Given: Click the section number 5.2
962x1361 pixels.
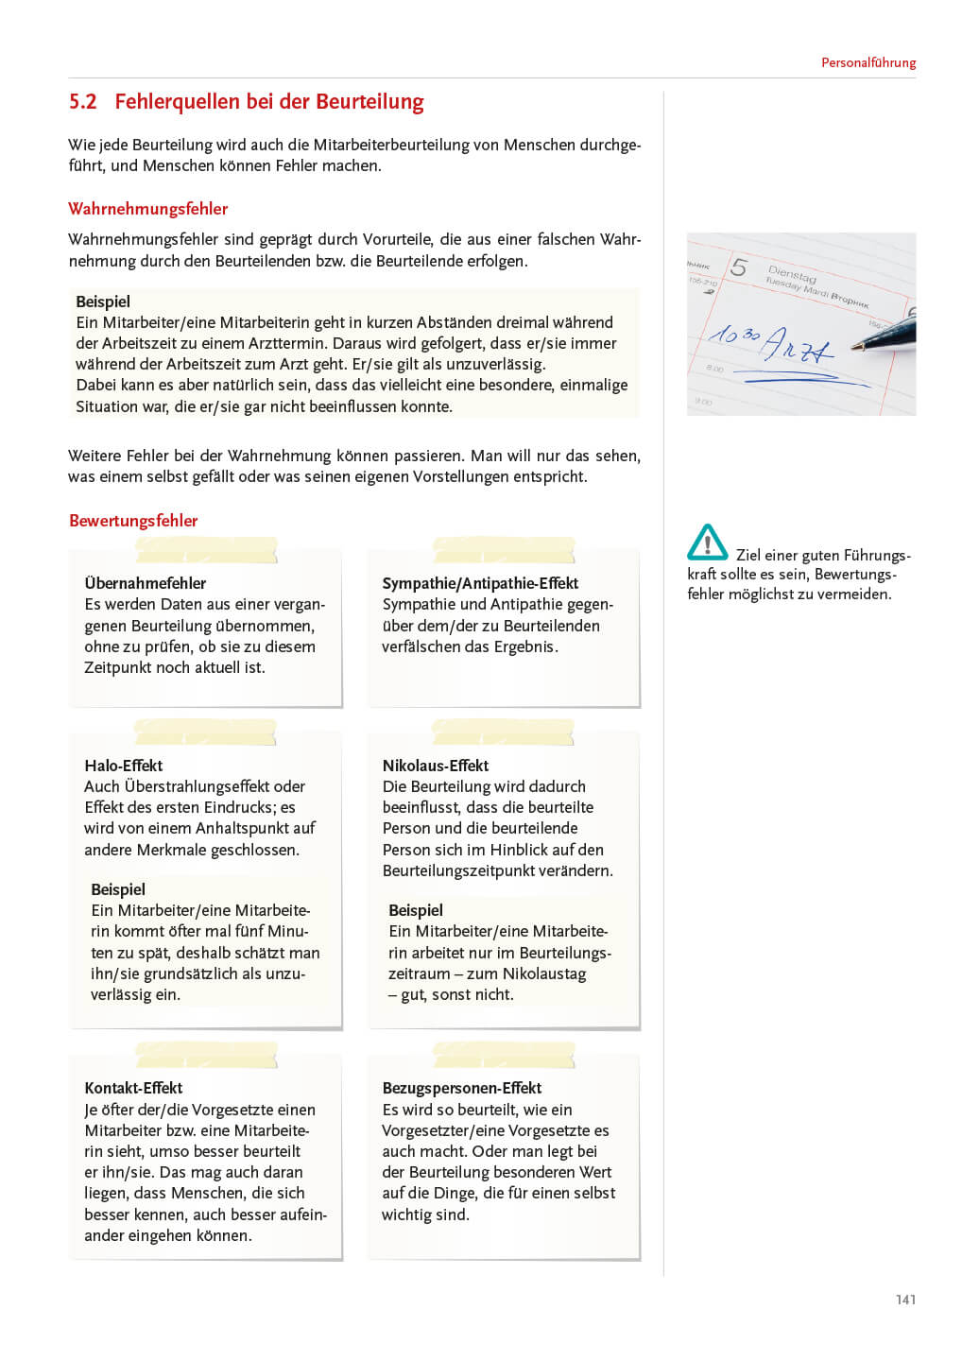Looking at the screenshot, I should click(83, 102).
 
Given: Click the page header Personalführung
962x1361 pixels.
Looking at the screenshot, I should click(868, 63).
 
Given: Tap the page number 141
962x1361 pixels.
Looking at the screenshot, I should click(905, 1300).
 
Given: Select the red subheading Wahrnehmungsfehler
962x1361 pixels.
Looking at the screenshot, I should click(147, 209).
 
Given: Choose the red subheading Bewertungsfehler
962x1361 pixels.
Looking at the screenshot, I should click(133, 521).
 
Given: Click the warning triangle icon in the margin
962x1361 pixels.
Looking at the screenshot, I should click(707, 543).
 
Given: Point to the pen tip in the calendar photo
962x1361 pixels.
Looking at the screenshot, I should click(855, 348).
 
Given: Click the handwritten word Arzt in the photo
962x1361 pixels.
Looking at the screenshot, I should click(797, 347).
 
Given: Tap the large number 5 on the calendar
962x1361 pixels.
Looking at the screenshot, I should click(739, 268).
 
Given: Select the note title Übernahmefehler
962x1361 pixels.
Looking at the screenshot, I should click(145, 583).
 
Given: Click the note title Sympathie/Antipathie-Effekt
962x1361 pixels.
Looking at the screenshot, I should click(480, 583).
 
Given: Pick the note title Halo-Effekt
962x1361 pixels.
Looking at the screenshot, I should click(123, 766).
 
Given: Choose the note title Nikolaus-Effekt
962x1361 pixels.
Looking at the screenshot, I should click(436, 766).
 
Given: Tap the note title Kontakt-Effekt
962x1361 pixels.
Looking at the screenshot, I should click(133, 1088).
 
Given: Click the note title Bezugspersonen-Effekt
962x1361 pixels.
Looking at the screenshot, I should click(461, 1088).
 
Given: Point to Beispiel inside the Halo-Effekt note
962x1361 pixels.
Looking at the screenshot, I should click(118, 889).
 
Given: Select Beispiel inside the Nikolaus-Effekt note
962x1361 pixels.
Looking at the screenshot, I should click(416, 910).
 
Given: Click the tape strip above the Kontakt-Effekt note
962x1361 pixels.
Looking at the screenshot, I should click(206, 1055).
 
